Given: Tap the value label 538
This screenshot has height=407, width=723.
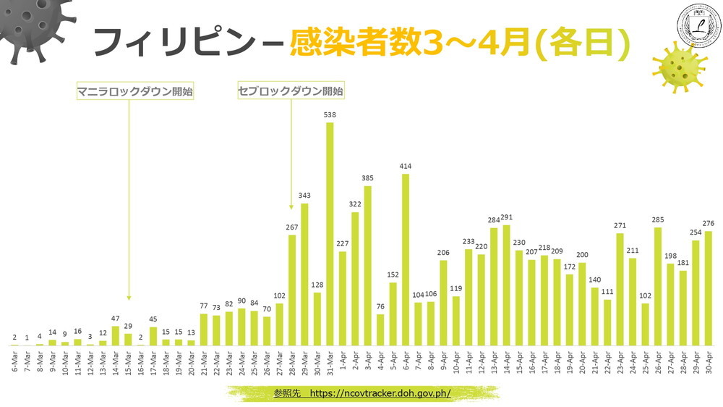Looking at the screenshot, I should [x=330, y=114].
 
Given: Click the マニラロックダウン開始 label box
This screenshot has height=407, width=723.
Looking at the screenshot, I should [x=136, y=92].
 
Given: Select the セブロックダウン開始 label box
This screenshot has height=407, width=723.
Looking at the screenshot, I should [x=291, y=92].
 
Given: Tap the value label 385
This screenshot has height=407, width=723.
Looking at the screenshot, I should [x=367, y=178].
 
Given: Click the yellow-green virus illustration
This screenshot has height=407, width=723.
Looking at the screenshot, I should [x=677, y=68].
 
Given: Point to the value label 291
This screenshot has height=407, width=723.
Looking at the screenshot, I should [x=506, y=217].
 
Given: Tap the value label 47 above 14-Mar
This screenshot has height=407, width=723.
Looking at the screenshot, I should [x=116, y=319].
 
